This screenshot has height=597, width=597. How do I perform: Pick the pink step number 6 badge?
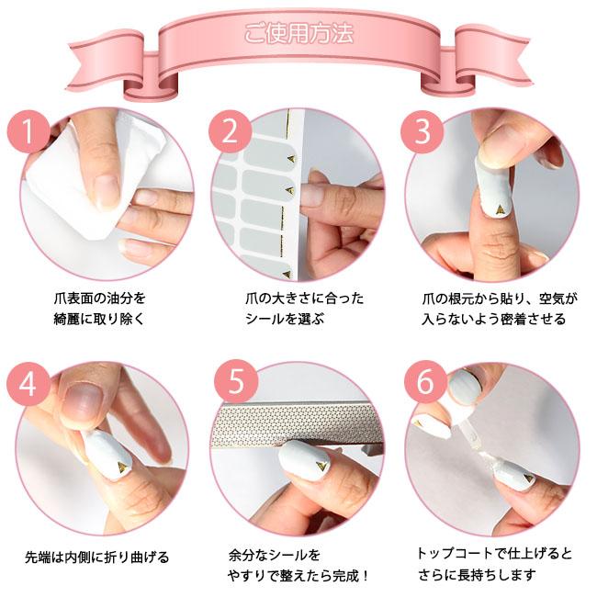423,383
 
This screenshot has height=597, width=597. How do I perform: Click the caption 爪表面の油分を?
100,298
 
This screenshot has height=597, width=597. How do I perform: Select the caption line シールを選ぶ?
286,320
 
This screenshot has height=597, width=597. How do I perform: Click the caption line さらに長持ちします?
483,577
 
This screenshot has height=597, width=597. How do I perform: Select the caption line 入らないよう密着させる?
493,320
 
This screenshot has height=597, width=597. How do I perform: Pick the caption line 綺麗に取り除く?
100,320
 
